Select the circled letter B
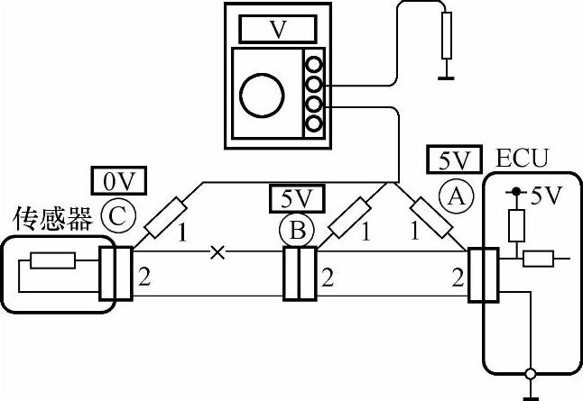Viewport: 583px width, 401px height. tap(297, 231)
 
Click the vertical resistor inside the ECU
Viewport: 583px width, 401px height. tap(515, 225)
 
